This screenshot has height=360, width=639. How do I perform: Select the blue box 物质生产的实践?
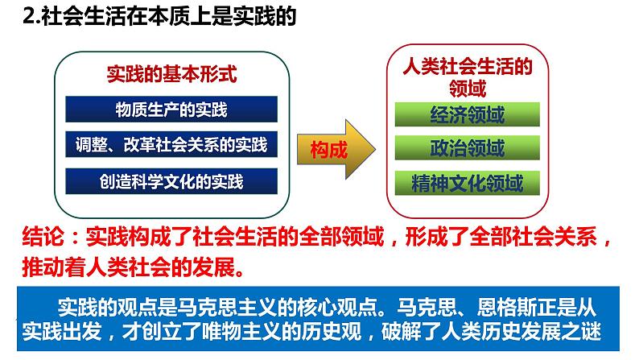click(x=171, y=110)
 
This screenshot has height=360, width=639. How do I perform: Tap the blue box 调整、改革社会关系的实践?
click(x=171, y=144)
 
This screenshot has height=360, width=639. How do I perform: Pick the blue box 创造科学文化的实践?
click(x=171, y=181)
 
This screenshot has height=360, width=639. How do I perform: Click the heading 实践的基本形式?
click(x=171, y=74)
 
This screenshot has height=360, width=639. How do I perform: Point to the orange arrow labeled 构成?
click(x=336, y=149)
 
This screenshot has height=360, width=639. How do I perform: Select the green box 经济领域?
click(x=467, y=114)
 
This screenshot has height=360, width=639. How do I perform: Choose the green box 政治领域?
click(x=467, y=147)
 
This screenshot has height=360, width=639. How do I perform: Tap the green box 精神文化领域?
click(x=467, y=183)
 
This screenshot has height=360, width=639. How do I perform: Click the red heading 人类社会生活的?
click(x=468, y=66)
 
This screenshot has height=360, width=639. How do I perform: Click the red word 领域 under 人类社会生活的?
click(x=468, y=88)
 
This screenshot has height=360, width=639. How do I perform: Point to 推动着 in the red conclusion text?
click(x=54, y=267)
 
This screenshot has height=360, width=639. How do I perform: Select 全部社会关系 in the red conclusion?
click(x=534, y=237)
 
